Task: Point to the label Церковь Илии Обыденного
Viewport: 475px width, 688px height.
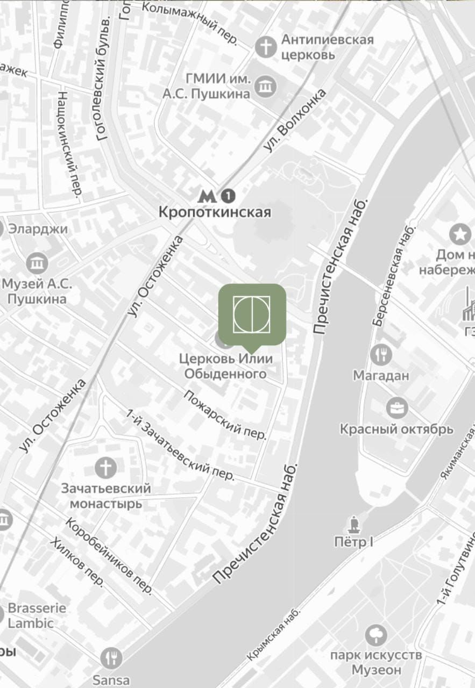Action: click(x=226, y=365)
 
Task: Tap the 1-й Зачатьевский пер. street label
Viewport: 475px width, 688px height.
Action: click(x=181, y=445)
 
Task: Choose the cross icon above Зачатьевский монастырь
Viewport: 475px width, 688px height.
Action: click(x=105, y=467)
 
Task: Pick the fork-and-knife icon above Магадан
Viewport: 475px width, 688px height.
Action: click(x=381, y=354)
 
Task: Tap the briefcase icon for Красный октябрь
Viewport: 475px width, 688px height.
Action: click(x=396, y=408)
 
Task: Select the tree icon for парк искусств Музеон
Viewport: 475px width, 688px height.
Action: click(x=376, y=636)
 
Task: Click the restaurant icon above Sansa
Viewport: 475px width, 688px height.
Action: click(x=111, y=658)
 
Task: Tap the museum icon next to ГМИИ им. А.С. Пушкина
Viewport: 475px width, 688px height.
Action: click(x=265, y=85)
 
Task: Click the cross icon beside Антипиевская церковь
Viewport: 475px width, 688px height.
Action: click(x=265, y=47)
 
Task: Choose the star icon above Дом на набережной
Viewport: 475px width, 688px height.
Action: click(x=460, y=234)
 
